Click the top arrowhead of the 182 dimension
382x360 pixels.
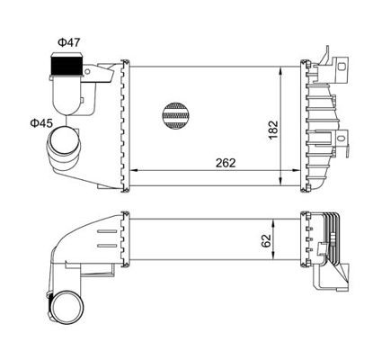(x=287, y=68)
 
